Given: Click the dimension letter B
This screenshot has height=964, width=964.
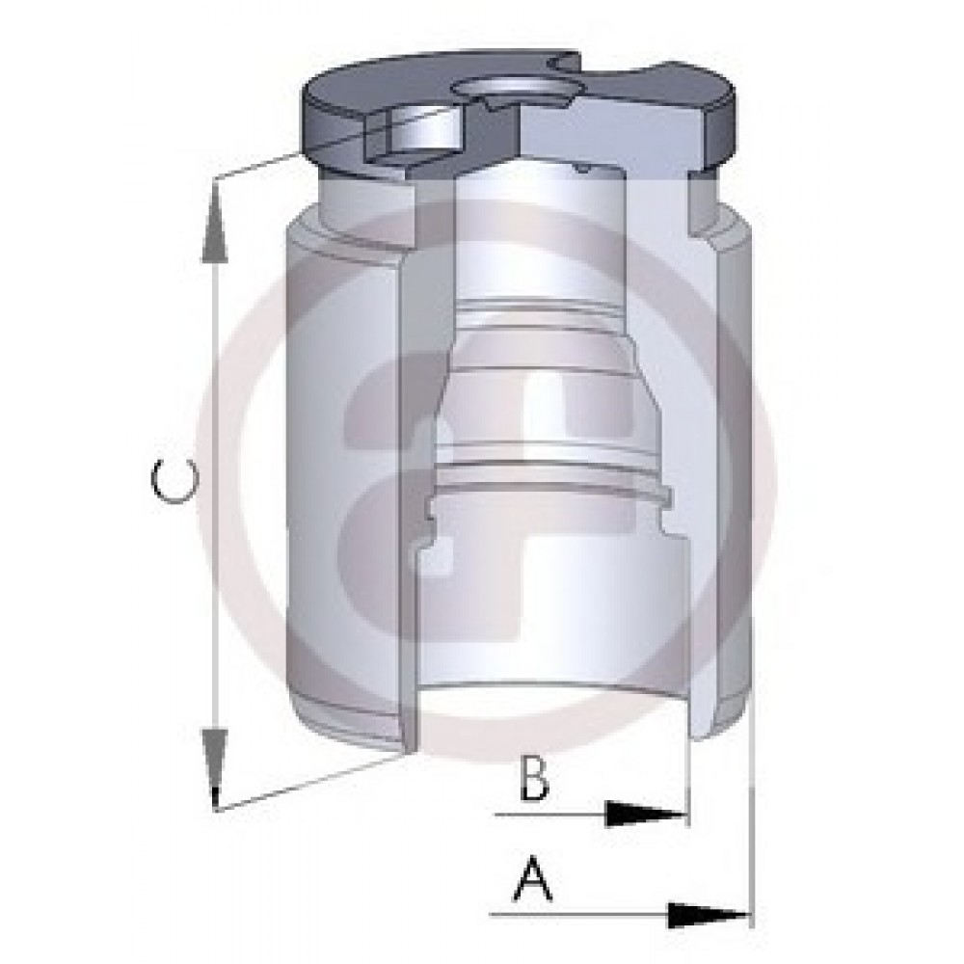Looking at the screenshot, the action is click(534, 778).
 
